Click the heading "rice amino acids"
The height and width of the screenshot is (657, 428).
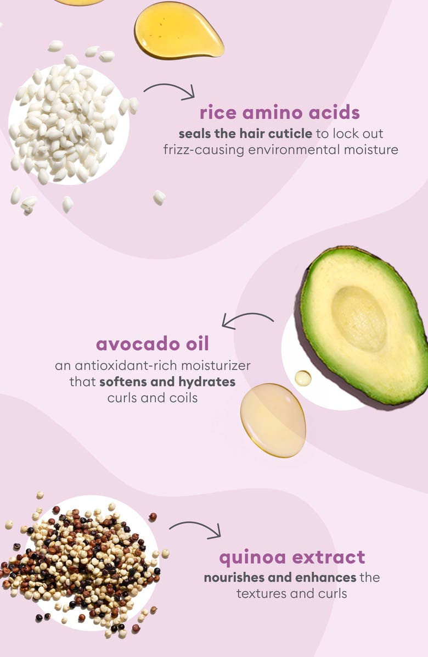click(280, 113)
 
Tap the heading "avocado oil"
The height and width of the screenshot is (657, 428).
click(152, 344)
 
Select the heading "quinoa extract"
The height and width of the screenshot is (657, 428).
click(292, 557)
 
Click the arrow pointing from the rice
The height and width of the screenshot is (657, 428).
click(168, 90)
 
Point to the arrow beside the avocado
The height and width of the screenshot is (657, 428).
click(247, 320)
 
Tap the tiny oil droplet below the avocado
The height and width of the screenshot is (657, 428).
click(302, 378)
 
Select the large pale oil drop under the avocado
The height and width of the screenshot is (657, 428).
click(273, 420)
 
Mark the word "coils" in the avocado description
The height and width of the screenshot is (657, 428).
click(181, 397)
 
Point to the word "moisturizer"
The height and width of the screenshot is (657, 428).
click(216, 365)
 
